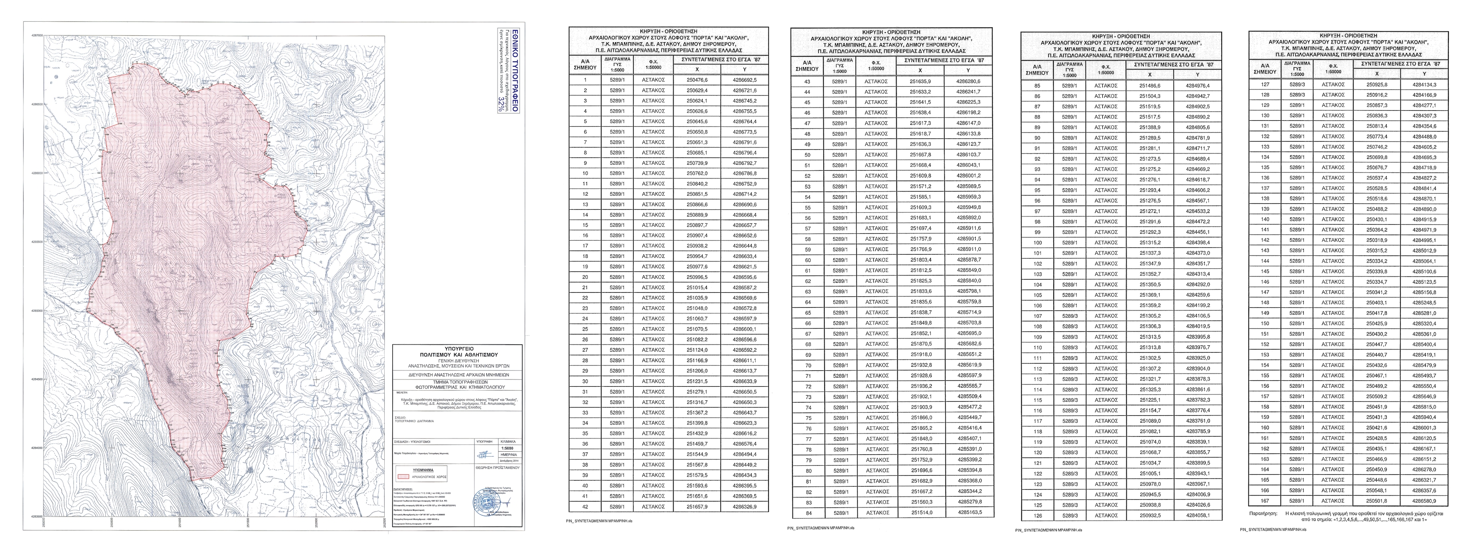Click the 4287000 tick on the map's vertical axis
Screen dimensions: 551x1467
pos(36,35)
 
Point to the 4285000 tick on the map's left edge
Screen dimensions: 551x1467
pos(36,311)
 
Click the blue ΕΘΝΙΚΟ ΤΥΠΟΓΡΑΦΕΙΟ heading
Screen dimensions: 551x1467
pos(515,78)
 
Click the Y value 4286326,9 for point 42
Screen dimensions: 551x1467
pos(744,507)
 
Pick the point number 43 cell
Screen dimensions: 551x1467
pos(807,82)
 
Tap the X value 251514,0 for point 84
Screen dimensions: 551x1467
pos(920,513)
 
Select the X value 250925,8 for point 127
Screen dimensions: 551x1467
pos(1377,84)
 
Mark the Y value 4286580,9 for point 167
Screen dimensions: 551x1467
pos(1424,501)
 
